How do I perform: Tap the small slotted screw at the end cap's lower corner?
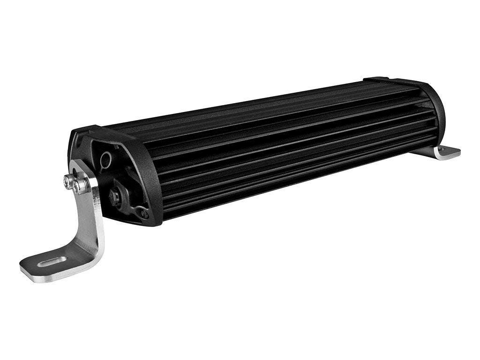pos(143,214)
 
